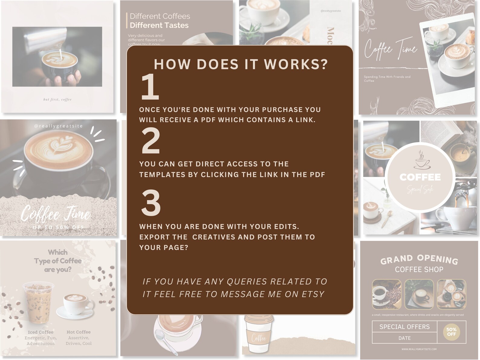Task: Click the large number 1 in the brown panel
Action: tap(150, 87)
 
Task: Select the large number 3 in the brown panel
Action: tap(151, 203)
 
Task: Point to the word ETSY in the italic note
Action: tap(313, 294)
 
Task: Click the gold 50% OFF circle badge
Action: tap(451, 332)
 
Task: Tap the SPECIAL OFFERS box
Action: tap(404, 327)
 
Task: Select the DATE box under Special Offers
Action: tap(404, 338)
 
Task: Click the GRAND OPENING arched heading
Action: tap(419, 259)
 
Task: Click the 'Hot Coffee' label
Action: tap(79, 332)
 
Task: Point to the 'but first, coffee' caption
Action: tap(57, 99)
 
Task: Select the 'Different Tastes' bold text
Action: tap(159, 25)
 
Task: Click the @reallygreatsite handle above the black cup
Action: tap(58, 126)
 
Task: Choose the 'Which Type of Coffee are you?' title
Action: tap(58, 261)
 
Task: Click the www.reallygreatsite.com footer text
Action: tap(419, 349)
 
